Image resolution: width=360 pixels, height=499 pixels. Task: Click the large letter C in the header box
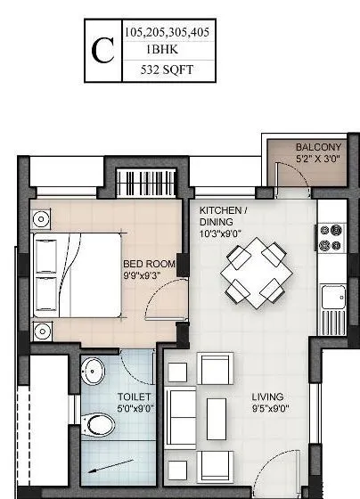[x=102, y=51]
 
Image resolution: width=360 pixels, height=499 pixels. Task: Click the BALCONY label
[x=318, y=147]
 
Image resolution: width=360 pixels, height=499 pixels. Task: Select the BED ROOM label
[x=148, y=264]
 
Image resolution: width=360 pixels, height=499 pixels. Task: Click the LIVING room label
[x=266, y=397]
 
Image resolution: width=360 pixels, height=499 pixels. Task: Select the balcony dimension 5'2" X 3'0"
[x=318, y=160]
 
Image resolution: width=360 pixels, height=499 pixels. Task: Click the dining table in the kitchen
[x=256, y=272]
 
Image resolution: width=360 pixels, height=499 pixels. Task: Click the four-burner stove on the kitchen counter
[x=331, y=237]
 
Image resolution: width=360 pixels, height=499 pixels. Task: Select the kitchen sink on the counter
[x=334, y=297]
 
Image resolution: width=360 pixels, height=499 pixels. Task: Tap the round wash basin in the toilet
[x=91, y=372]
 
